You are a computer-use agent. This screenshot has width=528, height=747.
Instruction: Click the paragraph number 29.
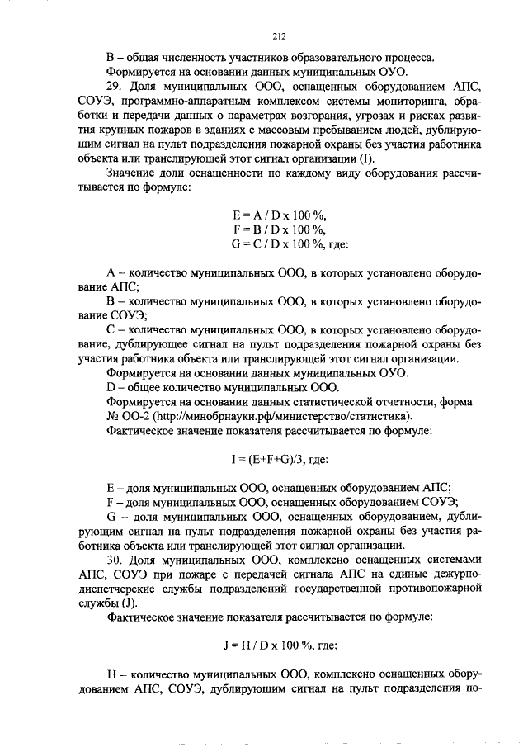coord(115,87)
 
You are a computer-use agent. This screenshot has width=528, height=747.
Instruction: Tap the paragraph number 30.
coord(115,560)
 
